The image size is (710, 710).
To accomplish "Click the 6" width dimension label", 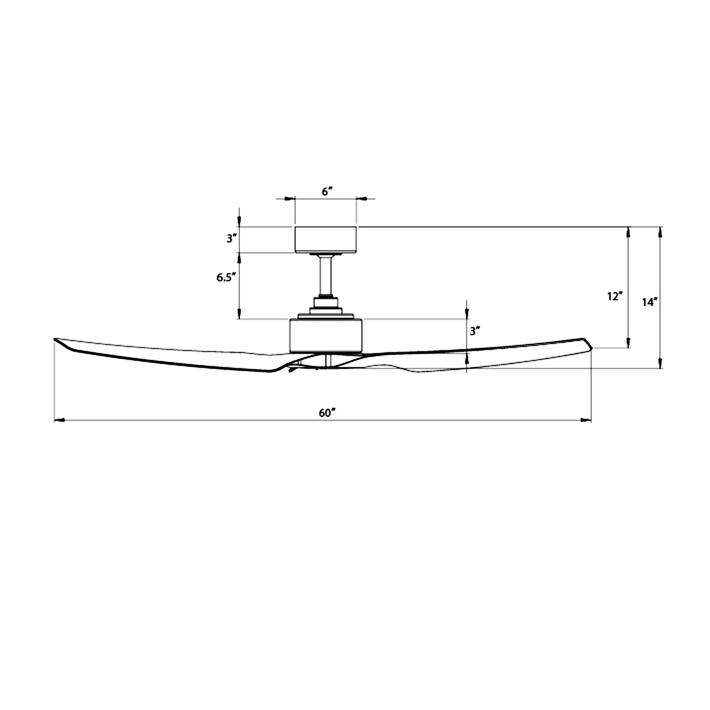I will coord(327,191).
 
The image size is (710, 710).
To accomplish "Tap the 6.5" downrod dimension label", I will coord(224,278).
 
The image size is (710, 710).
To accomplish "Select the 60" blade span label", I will coord(327,413).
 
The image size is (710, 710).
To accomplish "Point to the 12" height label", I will coord(615,296).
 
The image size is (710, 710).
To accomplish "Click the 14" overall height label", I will coord(649,302).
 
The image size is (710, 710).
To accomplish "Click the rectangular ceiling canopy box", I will coord(326,240).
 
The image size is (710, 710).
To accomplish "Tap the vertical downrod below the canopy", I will coord(326,275).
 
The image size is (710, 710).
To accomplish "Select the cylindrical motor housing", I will coord(326,335).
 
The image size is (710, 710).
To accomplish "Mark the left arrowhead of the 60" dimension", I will coord(60,420).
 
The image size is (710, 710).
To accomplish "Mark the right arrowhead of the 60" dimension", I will coord(586,420).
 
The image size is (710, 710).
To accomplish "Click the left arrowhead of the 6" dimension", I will coord(290,199).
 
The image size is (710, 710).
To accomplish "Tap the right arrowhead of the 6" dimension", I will coord(362,199).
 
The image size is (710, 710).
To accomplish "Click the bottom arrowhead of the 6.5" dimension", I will coord(239,314).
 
